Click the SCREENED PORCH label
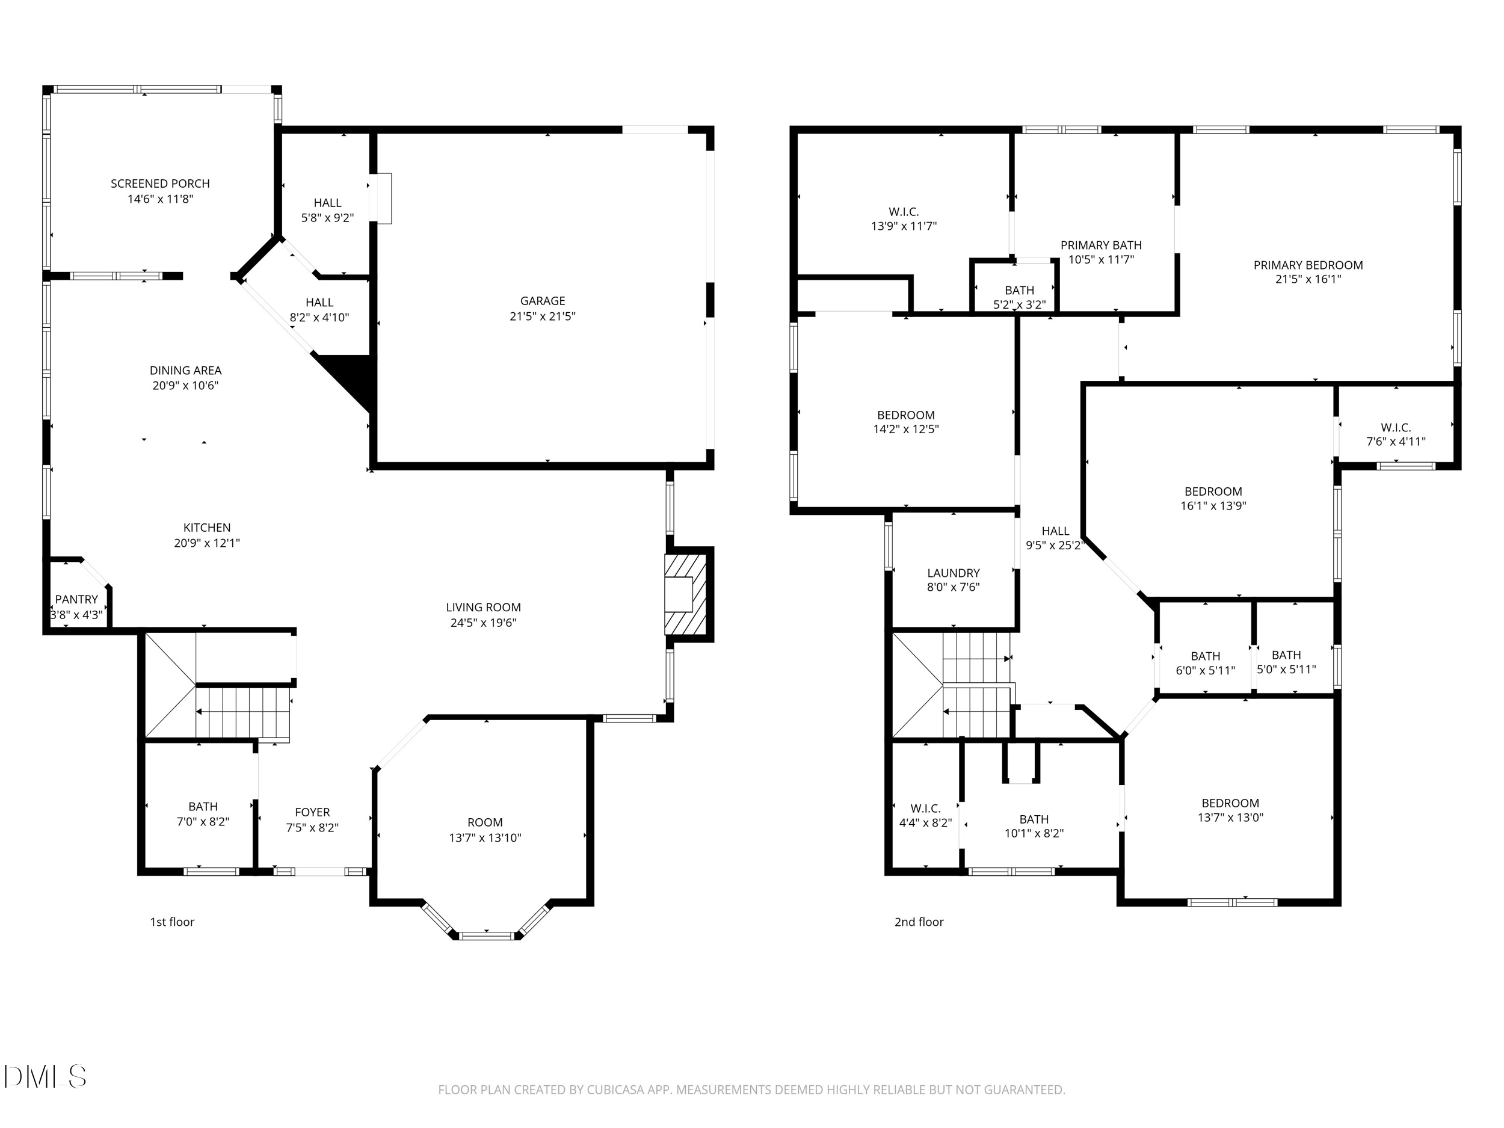coord(160,183)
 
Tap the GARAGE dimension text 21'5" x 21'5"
coord(542,316)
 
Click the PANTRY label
coord(76,600)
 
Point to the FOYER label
coord(312,813)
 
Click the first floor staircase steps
coord(242,712)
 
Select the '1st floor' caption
coord(172,922)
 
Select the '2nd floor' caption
coord(919,922)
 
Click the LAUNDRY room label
coord(954,573)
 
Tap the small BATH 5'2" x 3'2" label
coord(1019,291)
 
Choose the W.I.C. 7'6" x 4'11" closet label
coord(1395,428)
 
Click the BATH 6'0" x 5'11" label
coord(1205,656)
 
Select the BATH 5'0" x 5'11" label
coord(1286,655)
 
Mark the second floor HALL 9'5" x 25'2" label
coord(1055,531)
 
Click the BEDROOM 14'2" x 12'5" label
coord(905,416)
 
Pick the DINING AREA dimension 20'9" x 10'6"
coord(185,386)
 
